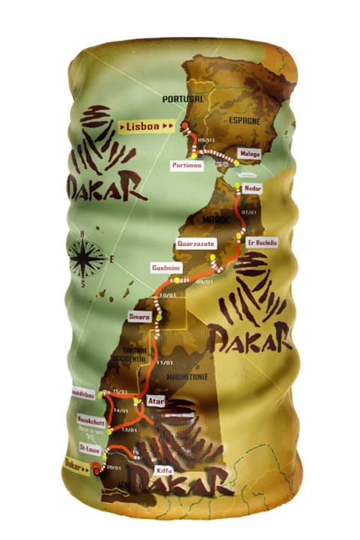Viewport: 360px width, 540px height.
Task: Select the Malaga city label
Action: (x=250, y=153)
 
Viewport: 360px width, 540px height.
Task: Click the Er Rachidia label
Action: (x=262, y=243)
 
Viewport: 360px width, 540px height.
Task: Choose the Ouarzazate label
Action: (x=187, y=244)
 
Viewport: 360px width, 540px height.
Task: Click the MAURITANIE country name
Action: (x=186, y=375)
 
